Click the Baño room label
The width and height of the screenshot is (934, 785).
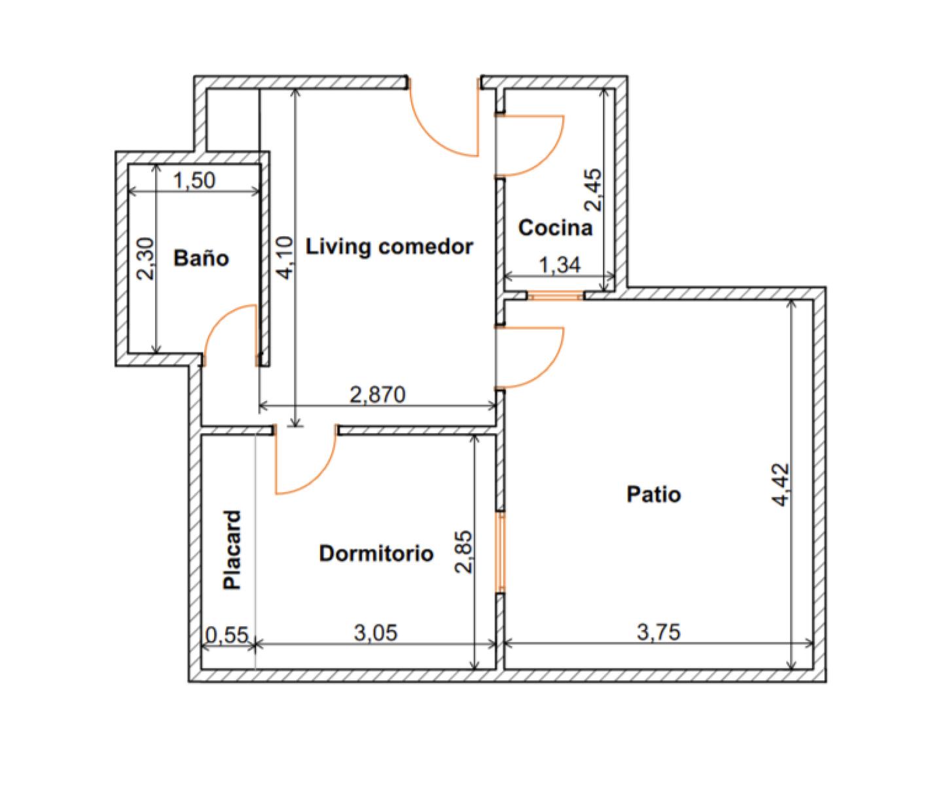(201, 258)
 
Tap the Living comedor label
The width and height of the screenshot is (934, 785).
(389, 247)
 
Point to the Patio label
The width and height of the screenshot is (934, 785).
(653, 494)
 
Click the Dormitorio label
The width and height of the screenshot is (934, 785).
(376, 553)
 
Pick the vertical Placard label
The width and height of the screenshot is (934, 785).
(232, 549)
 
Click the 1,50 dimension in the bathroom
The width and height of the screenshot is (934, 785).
(194, 180)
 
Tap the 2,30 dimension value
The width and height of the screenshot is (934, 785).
(145, 258)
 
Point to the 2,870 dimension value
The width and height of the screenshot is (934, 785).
(377, 394)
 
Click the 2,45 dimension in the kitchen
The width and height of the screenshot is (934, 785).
(594, 190)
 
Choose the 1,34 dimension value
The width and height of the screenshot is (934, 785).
(560, 265)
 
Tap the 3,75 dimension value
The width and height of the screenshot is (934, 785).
(658, 632)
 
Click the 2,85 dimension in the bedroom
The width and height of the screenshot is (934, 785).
(463, 551)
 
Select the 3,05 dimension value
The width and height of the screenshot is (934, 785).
(376, 633)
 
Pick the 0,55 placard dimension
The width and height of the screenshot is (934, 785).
(226, 635)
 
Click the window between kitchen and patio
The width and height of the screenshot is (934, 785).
(555, 296)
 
